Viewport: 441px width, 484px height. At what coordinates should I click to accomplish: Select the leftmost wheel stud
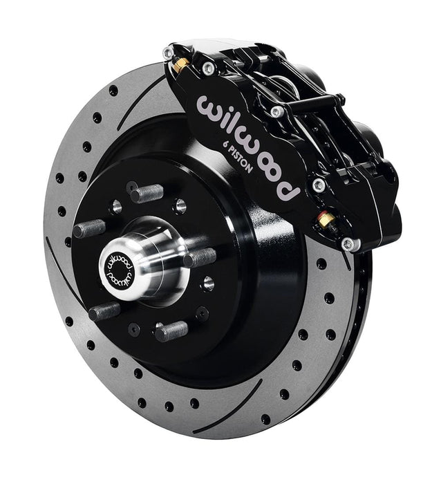click(88, 228)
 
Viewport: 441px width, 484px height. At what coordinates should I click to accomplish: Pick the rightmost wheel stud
click(200, 258)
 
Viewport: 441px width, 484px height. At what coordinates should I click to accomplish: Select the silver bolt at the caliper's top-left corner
click(167, 52)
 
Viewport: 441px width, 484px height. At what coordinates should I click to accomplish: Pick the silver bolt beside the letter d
click(319, 185)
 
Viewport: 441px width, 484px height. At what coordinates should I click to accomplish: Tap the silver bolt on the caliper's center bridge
click(277, 111)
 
